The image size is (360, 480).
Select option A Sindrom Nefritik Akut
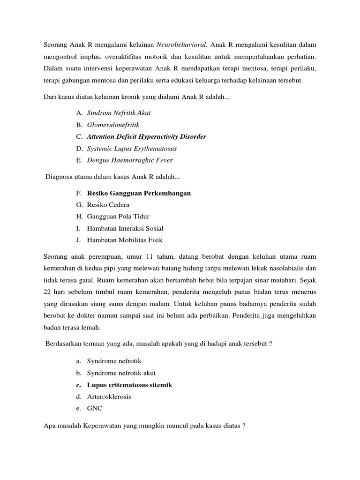point(119,113)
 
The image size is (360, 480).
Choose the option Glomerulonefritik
point(113,125)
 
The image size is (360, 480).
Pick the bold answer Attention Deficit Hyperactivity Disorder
point(146,137)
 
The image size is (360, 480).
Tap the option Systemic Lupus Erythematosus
point(132,149)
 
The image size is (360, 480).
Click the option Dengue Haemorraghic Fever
point(130,160)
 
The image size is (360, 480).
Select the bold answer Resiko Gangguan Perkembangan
point(139,193)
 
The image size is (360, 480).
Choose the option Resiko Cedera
point(108,205)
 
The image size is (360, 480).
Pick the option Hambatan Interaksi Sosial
point(125,229)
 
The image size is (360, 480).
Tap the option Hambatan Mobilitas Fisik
point(125,240)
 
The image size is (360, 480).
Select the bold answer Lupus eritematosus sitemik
point(129,385)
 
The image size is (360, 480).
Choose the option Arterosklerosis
point(109,397)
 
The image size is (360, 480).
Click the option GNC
point(95,408)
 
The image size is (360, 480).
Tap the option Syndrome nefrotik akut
point(121,373)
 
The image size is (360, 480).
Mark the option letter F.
point(77,193)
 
